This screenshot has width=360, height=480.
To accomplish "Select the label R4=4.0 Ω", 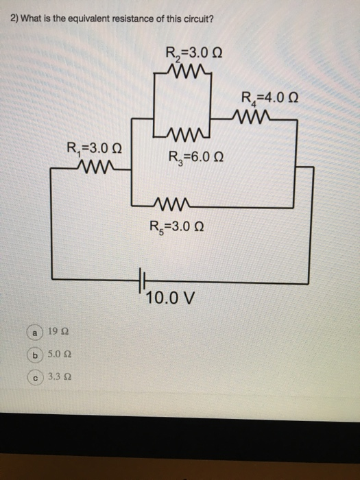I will tap(272, 99).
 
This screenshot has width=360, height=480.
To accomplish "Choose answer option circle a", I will tap(32, 332).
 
